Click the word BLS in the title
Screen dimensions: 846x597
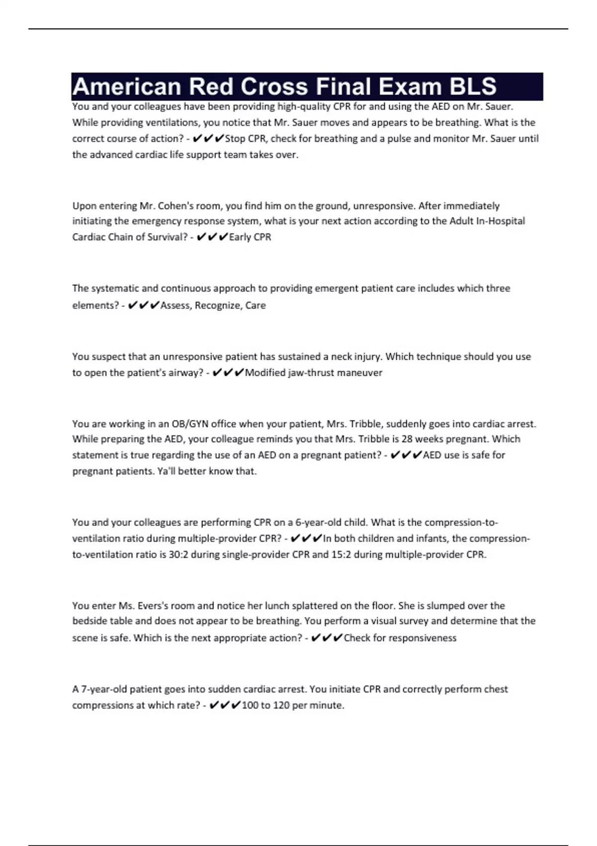click(x=473, y=87)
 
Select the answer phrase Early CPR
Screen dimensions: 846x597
click(x=250, y=237)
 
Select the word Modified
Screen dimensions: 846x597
click(x=265, y=372)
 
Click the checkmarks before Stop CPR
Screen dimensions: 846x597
click(x=208, y=138)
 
